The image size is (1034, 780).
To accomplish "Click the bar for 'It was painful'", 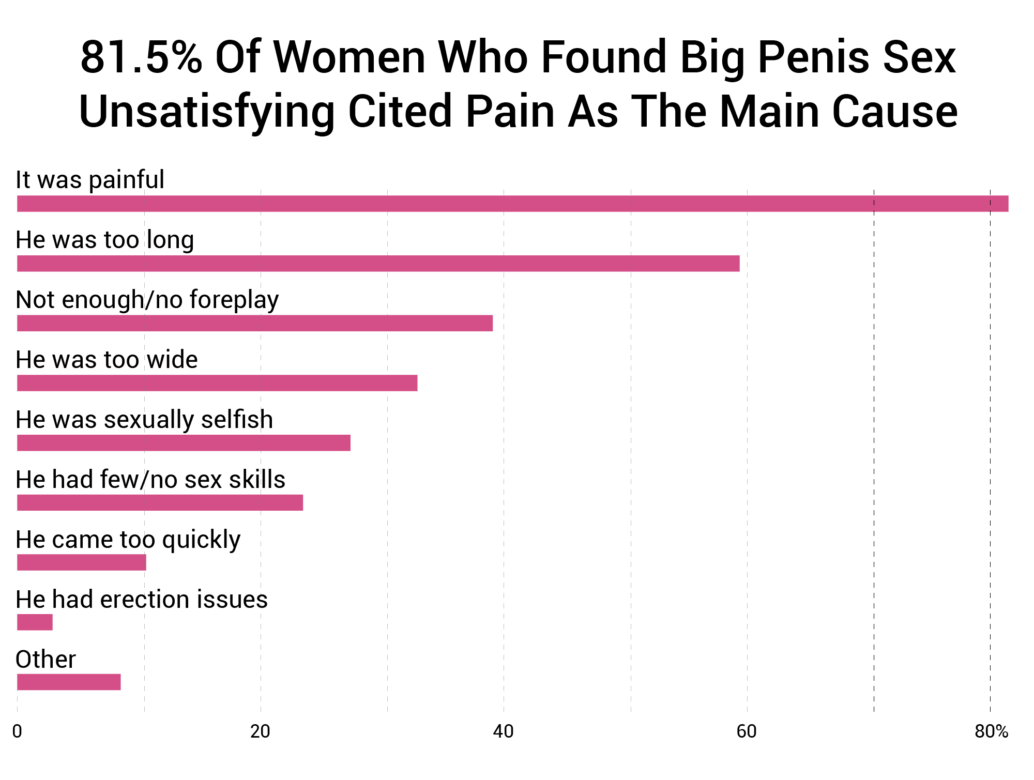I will [512, 204].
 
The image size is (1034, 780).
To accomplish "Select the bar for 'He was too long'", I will [377, 264].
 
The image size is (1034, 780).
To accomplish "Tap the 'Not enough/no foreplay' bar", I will [254, 324].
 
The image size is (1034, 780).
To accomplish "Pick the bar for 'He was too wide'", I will [217, 384].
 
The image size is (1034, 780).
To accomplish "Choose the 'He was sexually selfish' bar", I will [184, 443].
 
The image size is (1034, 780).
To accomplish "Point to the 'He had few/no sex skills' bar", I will [160, 503].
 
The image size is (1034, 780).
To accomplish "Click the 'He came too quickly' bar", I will [81, 563].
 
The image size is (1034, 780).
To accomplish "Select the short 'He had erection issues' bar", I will [35, 623].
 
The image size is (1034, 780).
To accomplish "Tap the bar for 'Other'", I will [69, 683].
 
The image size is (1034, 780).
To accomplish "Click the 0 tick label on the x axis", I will [17, 732].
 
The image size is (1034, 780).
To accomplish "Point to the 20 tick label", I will [260, 732].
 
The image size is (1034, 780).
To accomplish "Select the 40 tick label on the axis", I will [503, 732].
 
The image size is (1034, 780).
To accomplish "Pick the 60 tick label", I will [747, 732].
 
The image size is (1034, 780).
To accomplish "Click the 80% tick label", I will [991, 732].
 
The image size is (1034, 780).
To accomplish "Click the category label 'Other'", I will [45, 660].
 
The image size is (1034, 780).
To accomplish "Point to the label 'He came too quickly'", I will [128, 540].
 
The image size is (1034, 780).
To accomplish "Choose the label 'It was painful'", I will [90, 180].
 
